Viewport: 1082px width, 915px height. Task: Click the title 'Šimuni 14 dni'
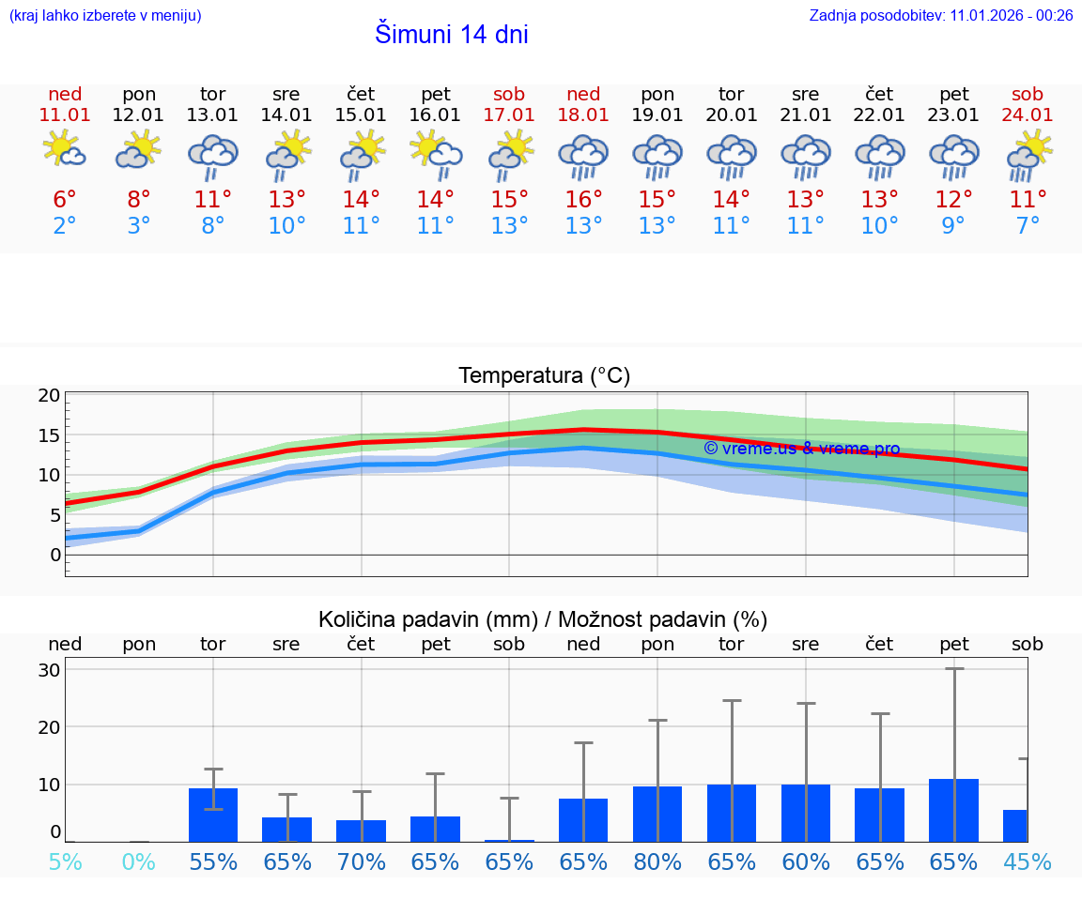pyautogui.click(x=451, y=35)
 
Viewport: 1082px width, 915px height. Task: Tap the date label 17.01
pyautogui.click(x=509, y=115)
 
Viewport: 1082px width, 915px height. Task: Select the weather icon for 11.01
pyautogui.click(x=65, y=150)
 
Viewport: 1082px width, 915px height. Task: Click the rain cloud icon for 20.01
pyautogui.click(x=731, y=156)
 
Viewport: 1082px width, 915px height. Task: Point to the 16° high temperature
pyautogui.click(x=583, y=199)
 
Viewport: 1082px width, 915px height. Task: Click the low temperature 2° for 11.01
pyautogui.click(x=65, y=225)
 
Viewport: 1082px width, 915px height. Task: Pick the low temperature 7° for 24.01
pyautogui.click(x=1028, y=225)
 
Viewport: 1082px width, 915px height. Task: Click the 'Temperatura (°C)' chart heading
pyautogui.click(x=544, y=376)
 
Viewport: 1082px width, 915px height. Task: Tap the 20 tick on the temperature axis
pyautogui.click(x=49, y=395)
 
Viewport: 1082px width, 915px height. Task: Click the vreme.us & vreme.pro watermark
pyautogui.click(x=801, y=449)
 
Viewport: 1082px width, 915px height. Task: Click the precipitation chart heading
pyautogui.click(x=543, y=619)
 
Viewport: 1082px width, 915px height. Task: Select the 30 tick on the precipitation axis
pyautogui.click(x=49, y=670)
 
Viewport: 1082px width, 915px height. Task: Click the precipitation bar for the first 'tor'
pyautogui.click(x=213, y=815)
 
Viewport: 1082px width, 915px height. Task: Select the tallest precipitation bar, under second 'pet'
pyautogui.click(x=953, y=810)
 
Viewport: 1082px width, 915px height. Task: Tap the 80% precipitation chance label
pyautogui.click(x=657, y=862)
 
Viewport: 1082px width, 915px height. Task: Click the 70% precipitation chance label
pyautogui.click(x=362, y=862)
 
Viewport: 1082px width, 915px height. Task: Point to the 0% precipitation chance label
pyautogui.click(x=139, y=862)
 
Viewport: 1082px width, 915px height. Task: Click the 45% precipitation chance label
pyautogui.click(x=1028, y=862)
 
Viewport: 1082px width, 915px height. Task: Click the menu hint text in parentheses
pyautogui.click(x=104, y=15)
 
